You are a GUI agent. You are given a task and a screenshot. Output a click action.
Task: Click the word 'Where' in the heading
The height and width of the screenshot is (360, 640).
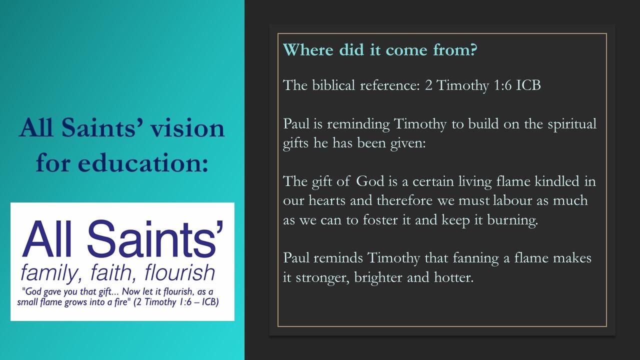[308, 49]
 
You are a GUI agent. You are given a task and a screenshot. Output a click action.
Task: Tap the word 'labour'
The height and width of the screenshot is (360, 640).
[512, 200]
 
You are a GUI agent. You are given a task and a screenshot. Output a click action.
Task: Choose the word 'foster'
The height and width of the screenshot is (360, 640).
[380, 219]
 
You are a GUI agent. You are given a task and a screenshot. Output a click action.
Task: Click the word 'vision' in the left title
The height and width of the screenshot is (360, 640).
[187, 127]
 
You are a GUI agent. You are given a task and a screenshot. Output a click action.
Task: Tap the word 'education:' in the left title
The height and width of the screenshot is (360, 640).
[143, 163]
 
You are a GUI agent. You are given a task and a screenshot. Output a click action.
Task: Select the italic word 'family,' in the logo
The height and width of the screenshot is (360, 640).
[51, 273]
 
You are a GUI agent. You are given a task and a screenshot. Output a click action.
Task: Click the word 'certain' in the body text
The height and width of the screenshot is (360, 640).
[433, 181]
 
